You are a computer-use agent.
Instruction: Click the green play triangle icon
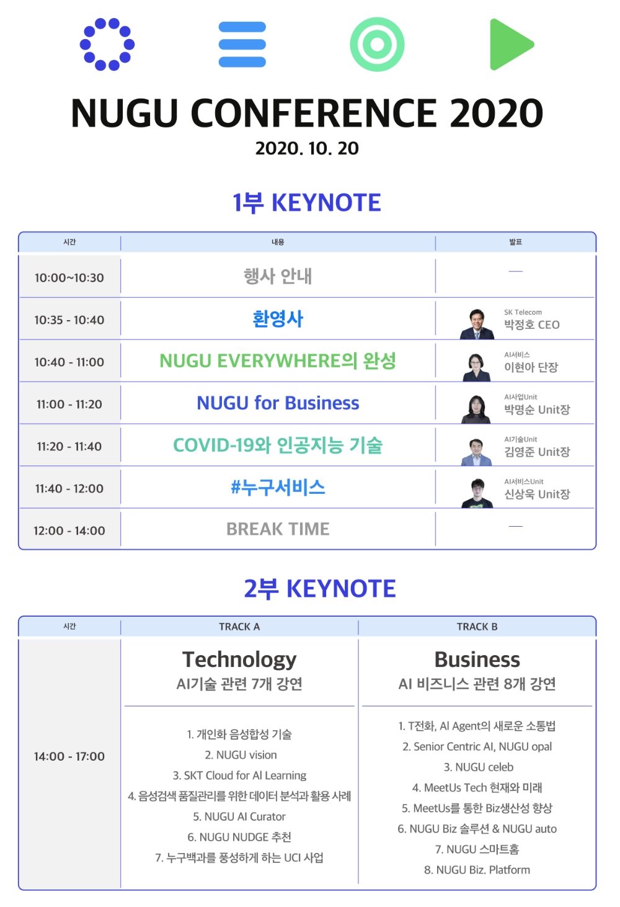pyautogui.click(x=509, y=44)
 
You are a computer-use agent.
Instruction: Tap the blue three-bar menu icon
pyautogui.click(x=242, y=44)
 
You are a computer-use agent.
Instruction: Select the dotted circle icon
pyautogui.click(x=107, y=44)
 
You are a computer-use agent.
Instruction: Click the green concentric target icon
pyautogui.click(x=377, y=44)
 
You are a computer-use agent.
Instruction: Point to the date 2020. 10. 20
pyautogui.click(x=307, y=148)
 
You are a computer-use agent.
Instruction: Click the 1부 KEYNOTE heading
pyautogui.click(x=307, y=203)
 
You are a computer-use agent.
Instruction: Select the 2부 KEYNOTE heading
pyautogui.click(x=319, y=589)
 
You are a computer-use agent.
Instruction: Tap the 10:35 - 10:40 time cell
pyautogui.click(x=69, y=320)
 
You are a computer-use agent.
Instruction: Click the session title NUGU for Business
pyautogui.click(x=278, y=403)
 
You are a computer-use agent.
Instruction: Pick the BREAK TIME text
pyautogui.click(x=278, y=529)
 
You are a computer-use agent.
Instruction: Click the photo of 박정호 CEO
pyautogui.click(x=477, y=324)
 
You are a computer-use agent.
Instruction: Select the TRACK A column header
pyautogui.click(x=239, y=627)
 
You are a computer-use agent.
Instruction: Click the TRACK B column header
pyautogui.click(x=477, y=627)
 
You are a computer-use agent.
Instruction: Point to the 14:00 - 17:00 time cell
pyautogui.click(x=69, y=756)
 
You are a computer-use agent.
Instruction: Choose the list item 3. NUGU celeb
pyautogui.click(x=478, y=767)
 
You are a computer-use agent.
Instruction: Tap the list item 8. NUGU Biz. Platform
pyautogui.click(x=477, y=870)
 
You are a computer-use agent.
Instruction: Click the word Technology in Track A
pyautogui.click(x=239, y=659)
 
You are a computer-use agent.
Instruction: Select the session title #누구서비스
pyautogui.click(x=278, y=488)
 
